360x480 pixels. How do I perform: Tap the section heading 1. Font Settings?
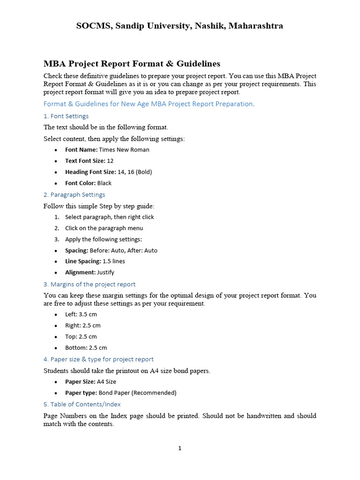[x=66, y=116]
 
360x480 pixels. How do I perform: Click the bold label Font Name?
[x=81, y=150]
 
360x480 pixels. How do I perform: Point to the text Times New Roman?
[x=124, y=150]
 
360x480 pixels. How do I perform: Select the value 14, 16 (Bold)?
[x=135, y=172]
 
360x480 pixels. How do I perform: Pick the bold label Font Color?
[x=81, y=183]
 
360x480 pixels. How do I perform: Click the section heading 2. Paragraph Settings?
[x=74, y=195]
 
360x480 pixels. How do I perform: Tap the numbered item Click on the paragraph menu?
[x=104, y=228]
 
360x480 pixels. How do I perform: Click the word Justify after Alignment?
[x=105, y=272]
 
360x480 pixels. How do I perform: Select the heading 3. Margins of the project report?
[x=90, y=284]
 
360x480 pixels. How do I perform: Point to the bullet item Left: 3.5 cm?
[x=81, y=315]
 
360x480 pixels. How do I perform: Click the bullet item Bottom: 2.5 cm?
[x=86, y=348]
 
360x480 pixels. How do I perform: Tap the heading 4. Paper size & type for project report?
[x=98, y=359]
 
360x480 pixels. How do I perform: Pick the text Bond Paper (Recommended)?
[x=137, y=393]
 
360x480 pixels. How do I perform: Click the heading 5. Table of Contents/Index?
[x=82, y=404]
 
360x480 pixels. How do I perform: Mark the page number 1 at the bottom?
[x=180, y=448]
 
